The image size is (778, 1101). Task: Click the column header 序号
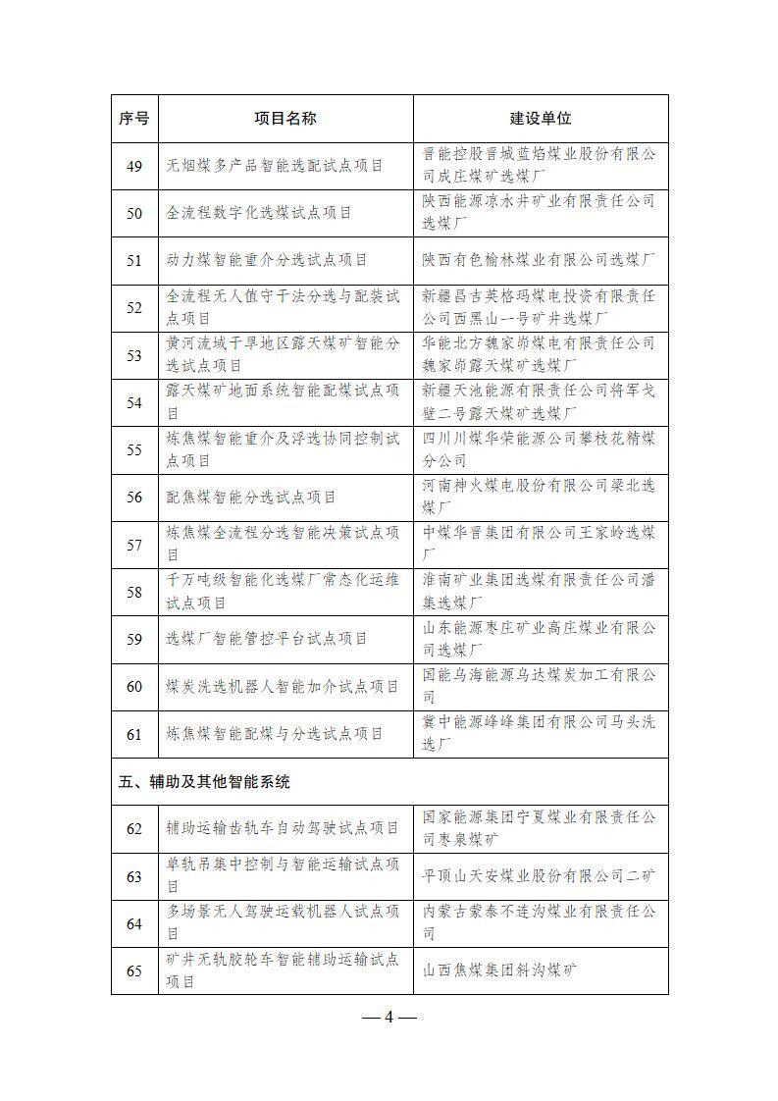pos(134,119)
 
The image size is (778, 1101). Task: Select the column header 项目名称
pos(285,119)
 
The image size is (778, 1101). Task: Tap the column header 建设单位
pos(540,119)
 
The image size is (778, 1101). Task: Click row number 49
pos(134,166)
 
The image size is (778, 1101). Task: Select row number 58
pos(134,592)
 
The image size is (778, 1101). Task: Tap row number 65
pos(134,970)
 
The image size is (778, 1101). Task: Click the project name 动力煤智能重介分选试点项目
pos(267,260)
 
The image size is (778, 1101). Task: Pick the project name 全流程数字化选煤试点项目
pos(259,213)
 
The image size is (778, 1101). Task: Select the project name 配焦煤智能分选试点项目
pos(251,498)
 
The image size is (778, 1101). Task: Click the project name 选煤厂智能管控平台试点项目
pos(267,639)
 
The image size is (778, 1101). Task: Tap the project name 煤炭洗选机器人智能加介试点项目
pos(283,686)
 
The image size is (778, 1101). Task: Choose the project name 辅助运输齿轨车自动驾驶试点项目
pos(283,828)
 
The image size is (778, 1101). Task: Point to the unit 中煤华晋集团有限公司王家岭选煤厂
pos(539,544)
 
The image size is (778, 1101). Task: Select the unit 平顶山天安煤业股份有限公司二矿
pos(539,875)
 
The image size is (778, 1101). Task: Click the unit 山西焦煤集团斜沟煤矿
pos(499,970)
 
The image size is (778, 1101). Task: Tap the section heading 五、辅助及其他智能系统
pos(204,782)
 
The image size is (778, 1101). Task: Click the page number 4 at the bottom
pos(389,1017)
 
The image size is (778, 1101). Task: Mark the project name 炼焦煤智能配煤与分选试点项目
pos(275,734)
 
